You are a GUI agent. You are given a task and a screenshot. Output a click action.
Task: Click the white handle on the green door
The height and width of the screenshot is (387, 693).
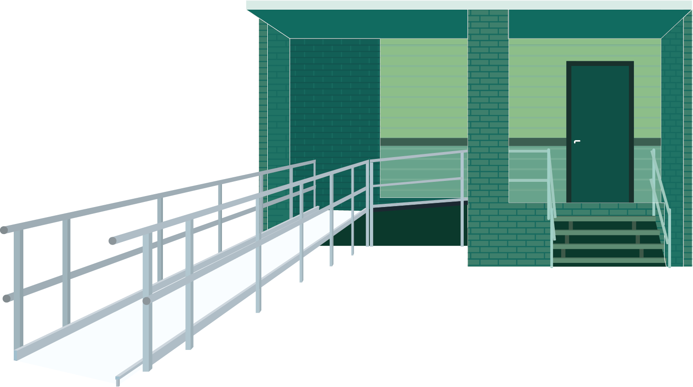point(577,142)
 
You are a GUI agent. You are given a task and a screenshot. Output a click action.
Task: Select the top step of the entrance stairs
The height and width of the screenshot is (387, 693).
point(604,219)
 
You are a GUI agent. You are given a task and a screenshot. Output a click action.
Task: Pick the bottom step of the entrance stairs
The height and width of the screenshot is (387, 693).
point(609,260)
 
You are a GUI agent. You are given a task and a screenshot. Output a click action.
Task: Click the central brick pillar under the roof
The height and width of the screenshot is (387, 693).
point(488,114)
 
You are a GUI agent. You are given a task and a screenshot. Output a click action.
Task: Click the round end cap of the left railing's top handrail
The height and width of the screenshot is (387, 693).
point(4,230)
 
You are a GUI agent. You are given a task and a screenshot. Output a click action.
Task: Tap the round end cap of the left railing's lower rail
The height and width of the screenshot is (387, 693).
point(6,299)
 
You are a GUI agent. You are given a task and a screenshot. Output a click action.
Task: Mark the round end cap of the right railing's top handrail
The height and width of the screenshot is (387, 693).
point(112,241)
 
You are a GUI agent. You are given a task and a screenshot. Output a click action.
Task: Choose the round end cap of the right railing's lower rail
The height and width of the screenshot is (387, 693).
point(146,301)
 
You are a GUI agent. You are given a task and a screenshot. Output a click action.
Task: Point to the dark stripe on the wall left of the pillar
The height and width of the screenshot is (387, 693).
point(423,142)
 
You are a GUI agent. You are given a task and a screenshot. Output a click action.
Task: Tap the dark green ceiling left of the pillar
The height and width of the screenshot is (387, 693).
point(366,23)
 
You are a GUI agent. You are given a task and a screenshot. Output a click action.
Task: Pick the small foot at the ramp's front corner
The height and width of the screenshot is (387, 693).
point(118,382)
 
